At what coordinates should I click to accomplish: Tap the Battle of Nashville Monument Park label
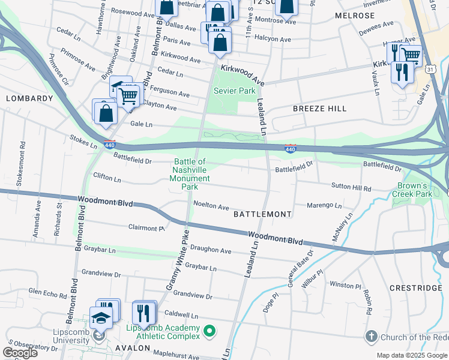tap(190, 174)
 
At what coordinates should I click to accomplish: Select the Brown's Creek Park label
tap(412, 190)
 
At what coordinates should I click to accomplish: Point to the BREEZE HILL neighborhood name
tap(319, 109)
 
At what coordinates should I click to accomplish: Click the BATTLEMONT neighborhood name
tap(262, 214)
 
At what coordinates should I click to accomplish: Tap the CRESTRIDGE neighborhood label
tap(415, 288)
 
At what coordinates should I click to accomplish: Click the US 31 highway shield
tap(430, 70)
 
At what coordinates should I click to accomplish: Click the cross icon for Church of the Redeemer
tap(372, 337)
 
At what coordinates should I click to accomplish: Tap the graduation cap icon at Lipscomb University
tap(100, 318)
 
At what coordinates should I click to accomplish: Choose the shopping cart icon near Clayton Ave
tap(127, 94)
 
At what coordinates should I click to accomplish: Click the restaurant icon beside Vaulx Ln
tap(400, 71)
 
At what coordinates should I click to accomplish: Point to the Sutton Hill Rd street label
tap(351, 188)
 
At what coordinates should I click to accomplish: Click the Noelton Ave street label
tap(211, 206)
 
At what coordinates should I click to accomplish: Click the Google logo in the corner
tap(20, 353)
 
